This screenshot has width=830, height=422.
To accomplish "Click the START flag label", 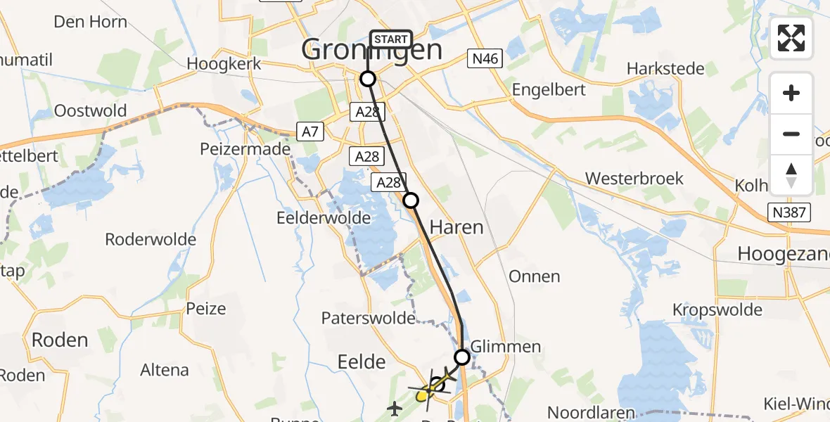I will pos(390,39).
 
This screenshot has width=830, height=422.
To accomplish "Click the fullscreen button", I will pos(791,38).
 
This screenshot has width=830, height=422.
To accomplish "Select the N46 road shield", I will pos(485,59).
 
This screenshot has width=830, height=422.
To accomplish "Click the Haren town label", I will pos(456,227).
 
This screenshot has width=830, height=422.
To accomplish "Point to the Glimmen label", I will pos(506,347).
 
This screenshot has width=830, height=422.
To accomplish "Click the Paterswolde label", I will pos(368,319).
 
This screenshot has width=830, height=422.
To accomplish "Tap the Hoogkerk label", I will pos(224,64).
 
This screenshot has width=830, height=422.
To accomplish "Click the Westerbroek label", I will pos(634,179).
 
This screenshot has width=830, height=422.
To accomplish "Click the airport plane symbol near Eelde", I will pos(395,407).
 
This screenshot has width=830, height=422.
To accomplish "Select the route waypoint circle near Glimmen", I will pos(461,357).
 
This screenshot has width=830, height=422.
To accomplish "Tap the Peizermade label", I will pos(245,149).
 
